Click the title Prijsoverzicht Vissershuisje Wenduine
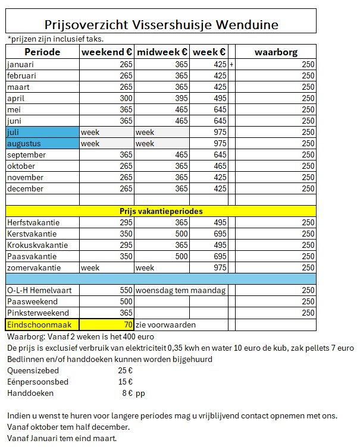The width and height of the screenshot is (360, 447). click(161, 24)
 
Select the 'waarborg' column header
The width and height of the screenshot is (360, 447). click(276, 52)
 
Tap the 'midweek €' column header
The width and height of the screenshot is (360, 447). click(162, 52)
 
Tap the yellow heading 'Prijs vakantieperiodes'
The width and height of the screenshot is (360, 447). click(161, 211)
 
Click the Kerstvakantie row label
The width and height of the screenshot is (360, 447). click(29, 234)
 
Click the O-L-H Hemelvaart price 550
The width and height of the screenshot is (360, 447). click(126, 290)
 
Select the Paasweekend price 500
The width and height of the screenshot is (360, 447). click(126, 301)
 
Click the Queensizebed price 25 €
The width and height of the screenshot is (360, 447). click(125, 370)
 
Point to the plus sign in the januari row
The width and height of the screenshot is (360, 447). click(231, 64)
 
